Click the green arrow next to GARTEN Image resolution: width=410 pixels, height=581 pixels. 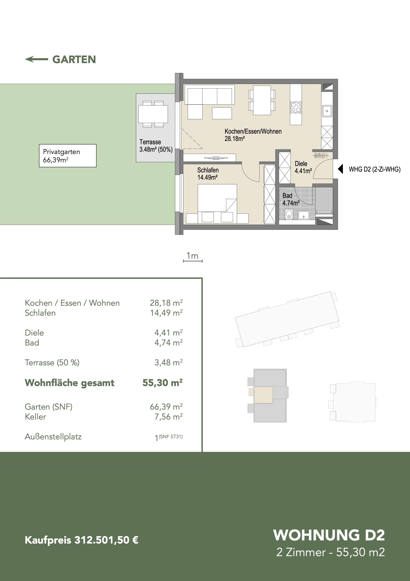tap(36, 59)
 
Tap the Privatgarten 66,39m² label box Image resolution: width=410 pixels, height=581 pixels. tap(68, 156)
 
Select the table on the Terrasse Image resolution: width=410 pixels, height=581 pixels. tap(153, 114)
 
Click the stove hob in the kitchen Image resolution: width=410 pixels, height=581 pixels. tap(296, 107)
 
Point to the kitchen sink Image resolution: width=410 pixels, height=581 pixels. tap(327, 111)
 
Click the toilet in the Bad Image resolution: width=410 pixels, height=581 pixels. tap(289, 214)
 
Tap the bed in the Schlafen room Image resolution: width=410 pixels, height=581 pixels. tap(217, 198)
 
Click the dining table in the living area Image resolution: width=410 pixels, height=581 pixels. tap(262, 100)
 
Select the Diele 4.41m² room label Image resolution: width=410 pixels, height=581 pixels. tap(303, 167)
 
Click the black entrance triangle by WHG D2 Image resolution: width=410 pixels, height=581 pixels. tap(340, 169)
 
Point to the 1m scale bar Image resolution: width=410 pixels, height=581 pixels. tap(193, 261)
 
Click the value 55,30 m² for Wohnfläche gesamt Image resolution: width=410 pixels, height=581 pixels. tap(163, 383)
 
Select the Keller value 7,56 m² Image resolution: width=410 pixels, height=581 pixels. tap(169, 417)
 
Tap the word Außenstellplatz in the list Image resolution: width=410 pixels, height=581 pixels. tap(53, 437)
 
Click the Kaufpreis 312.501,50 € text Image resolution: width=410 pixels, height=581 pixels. tap(82, 540)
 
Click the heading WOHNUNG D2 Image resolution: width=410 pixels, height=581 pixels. tap(329, 535)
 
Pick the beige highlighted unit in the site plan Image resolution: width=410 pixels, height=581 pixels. tap(263, 395)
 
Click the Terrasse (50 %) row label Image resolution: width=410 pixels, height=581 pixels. tap(52, 363)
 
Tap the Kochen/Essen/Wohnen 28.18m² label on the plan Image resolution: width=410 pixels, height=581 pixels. tap(253, 135)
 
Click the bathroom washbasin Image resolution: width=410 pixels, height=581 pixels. tap(303, 215)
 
